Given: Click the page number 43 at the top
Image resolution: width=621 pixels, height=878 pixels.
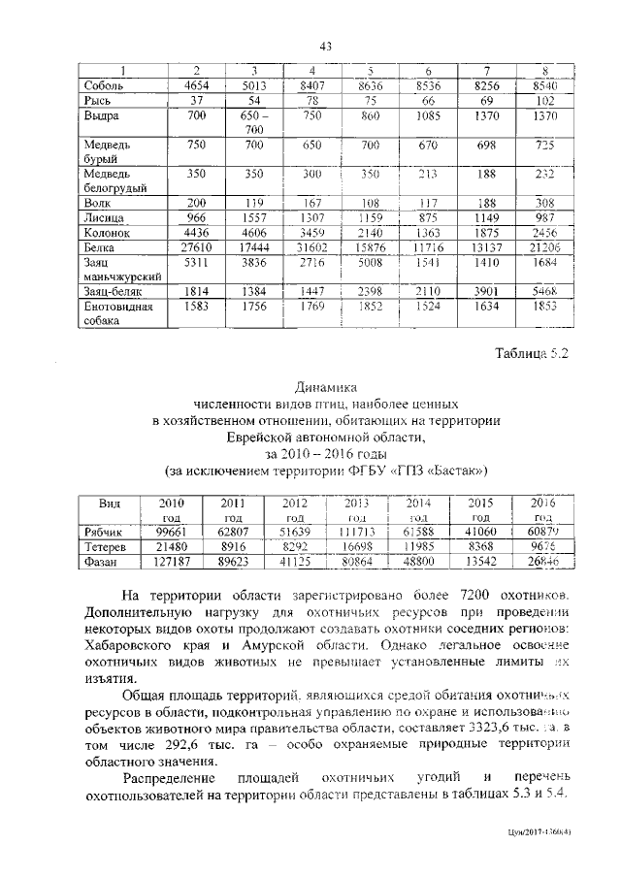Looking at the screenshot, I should click(326, 48).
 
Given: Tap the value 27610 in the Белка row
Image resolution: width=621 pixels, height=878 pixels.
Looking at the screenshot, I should click(197, 248).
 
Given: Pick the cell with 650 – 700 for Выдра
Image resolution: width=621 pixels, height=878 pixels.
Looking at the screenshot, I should click(253, 122).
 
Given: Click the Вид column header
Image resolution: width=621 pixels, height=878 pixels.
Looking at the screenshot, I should click(110, 504).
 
